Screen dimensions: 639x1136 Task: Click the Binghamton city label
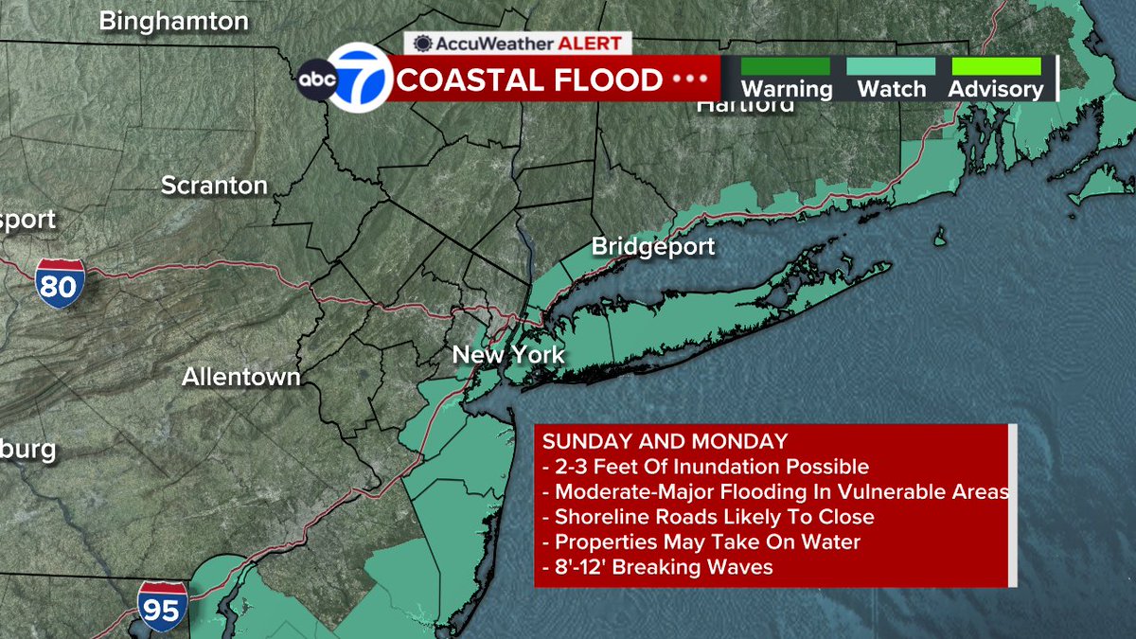(173, 20)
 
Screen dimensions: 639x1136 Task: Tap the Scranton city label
(214, 185)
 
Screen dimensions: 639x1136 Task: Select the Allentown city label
(241, 377)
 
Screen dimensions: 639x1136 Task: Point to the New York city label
(508, 355)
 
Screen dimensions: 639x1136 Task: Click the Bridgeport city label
(653, 247)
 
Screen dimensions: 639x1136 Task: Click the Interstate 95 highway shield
(161, 606)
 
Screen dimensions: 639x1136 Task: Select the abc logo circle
(317, 80)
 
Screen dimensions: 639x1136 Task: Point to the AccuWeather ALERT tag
(519, 43)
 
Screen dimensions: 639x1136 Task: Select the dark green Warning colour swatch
(785, 66)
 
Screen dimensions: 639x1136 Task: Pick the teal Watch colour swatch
(891, 66)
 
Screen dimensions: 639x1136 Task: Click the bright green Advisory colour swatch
(996, 66)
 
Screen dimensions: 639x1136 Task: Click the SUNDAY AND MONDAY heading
(665, 441)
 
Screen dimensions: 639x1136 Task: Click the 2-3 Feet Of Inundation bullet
(705, 467)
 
